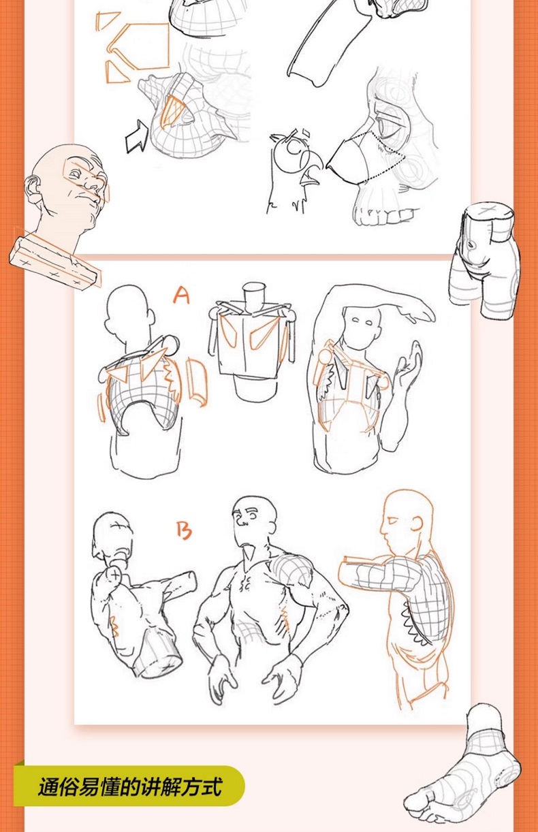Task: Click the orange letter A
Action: tap(182, 295)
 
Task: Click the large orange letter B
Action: tap(184, 531)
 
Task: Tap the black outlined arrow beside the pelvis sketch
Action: tap(137, 136)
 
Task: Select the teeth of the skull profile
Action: tap(383, 215)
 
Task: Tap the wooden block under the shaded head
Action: tap(55, 262)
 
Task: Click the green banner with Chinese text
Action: tap(129, 786)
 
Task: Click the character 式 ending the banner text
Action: tap(212, 786)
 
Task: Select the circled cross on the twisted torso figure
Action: tap(116, 575)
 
